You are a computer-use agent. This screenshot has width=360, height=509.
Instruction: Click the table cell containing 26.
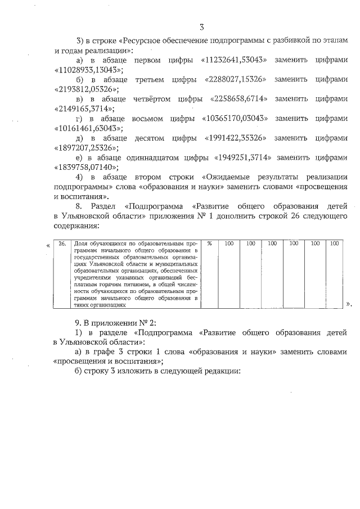(62, 244)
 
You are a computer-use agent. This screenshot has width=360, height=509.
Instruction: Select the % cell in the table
(209, 244)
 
